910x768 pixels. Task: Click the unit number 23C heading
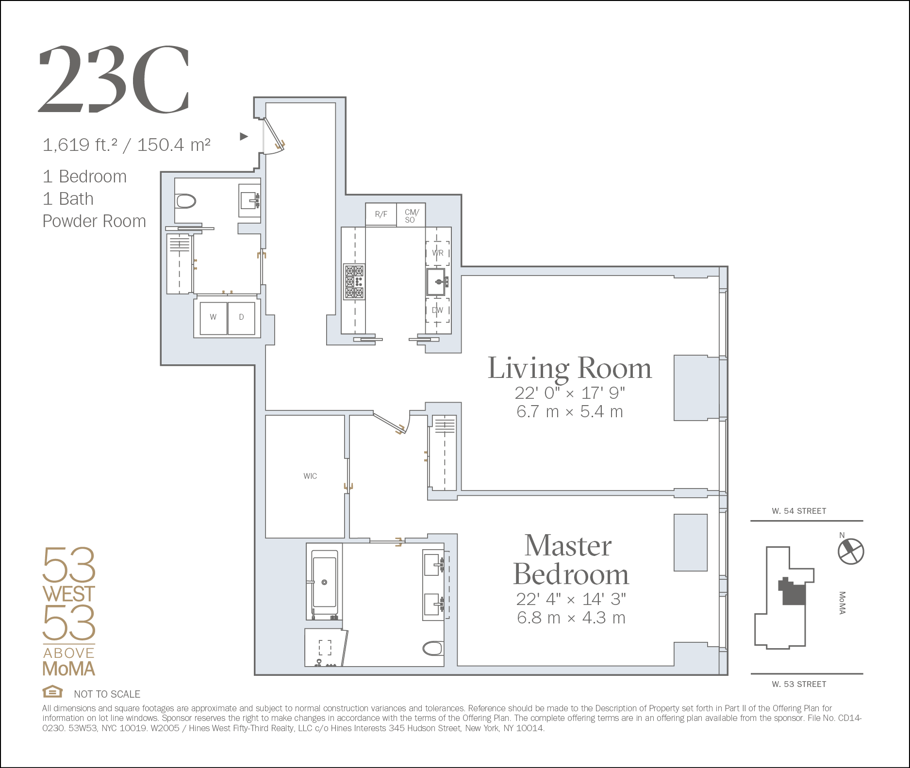coord(114,79)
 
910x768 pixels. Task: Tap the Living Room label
coord(569,368)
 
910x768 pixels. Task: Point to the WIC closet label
coord(310,476)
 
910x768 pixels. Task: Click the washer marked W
coord(214,318)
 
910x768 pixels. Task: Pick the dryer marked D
coord(241,318)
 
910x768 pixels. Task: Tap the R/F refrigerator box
coord(381,214)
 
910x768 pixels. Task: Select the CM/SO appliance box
coord(411,214)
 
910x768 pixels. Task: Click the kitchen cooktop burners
coord(354,282)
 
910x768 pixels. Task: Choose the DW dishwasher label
coord(437,310)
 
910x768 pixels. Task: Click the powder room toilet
coord(185,201)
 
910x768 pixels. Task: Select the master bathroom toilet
coord(433,648)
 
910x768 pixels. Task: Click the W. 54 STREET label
coord(799,511)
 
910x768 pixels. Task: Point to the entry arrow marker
coord(244,136)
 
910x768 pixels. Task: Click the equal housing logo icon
coord(52,691)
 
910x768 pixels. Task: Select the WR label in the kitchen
coord(437,253)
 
